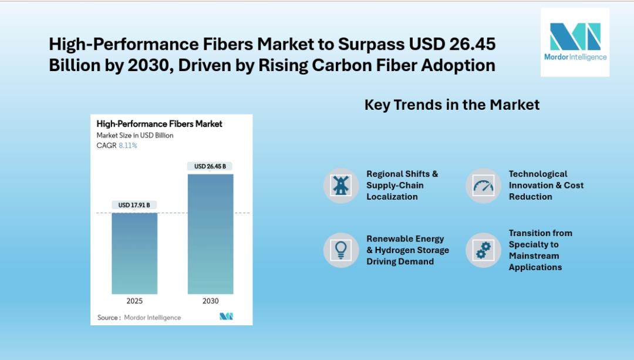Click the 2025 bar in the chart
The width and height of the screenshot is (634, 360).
[134, 253]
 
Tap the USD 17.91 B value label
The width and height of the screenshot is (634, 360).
[134, 205]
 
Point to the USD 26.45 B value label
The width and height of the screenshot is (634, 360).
[210, 166]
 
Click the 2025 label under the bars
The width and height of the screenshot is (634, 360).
[134, 301]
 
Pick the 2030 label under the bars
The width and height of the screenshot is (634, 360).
[210, 301]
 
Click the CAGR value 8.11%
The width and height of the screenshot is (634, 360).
[127, 146]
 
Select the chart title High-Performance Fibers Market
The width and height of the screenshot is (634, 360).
[159, 124]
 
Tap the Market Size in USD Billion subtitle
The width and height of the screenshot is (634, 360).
[135, 136]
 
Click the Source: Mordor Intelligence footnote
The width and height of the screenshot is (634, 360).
[139, 318]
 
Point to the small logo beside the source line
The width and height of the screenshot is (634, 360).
[226, 317]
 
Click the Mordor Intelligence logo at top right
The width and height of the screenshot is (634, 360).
[575, 42]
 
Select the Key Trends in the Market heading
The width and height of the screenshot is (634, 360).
[452, 105]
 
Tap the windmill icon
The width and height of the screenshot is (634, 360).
[340, 186]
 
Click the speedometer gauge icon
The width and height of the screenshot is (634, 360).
[483, 186]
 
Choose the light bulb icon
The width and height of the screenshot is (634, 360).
[340, 250]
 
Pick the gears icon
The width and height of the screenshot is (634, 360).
[483, 250]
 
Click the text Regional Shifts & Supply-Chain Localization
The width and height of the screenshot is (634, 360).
[402, 186]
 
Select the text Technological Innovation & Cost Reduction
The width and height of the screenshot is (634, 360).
[546, 186]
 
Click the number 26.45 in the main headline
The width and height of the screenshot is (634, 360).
[473, 44]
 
